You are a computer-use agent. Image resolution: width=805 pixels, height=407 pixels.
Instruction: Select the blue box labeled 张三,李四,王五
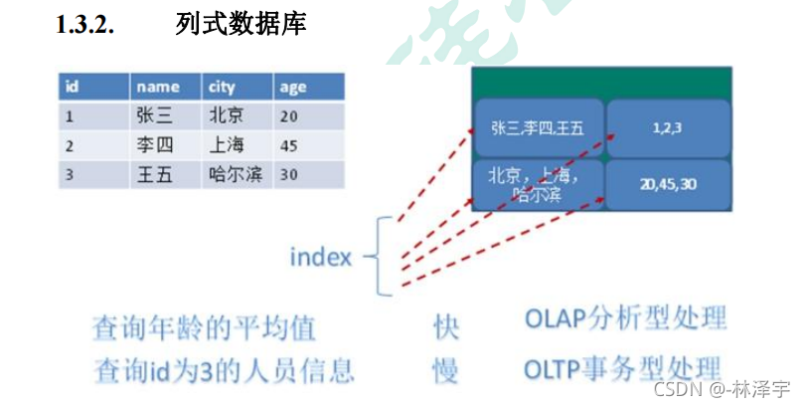(x=539, y=128)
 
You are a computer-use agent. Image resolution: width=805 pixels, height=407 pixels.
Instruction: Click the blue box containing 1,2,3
(x=669, y=128)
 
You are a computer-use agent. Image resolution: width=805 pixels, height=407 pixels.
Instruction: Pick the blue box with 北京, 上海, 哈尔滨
(x=539, y=184)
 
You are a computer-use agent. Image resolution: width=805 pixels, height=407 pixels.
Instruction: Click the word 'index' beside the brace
(x=321, y=258)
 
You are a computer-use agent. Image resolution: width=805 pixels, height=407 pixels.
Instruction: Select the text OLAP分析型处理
(x=624, y=320)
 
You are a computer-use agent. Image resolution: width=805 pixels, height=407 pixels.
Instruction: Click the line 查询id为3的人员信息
(x=224, y=371)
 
